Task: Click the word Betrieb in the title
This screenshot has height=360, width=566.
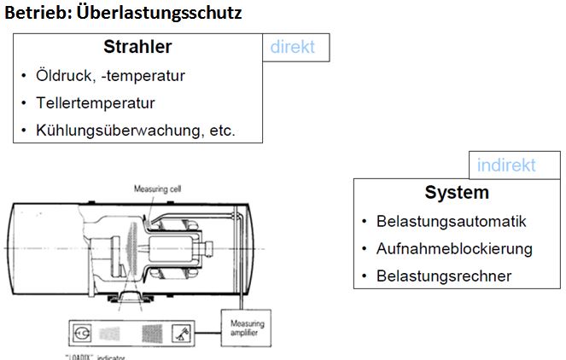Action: [34, 15]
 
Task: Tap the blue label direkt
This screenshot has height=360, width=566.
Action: [293, 48]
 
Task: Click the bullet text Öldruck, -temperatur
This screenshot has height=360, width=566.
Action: [110, 76]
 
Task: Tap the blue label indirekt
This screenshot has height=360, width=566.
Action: [506, 165]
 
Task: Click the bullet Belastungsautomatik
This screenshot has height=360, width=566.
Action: [451, 222]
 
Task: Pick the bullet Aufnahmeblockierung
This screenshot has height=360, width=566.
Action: [453, 249]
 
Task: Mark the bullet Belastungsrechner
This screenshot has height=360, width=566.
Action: [443, 276]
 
